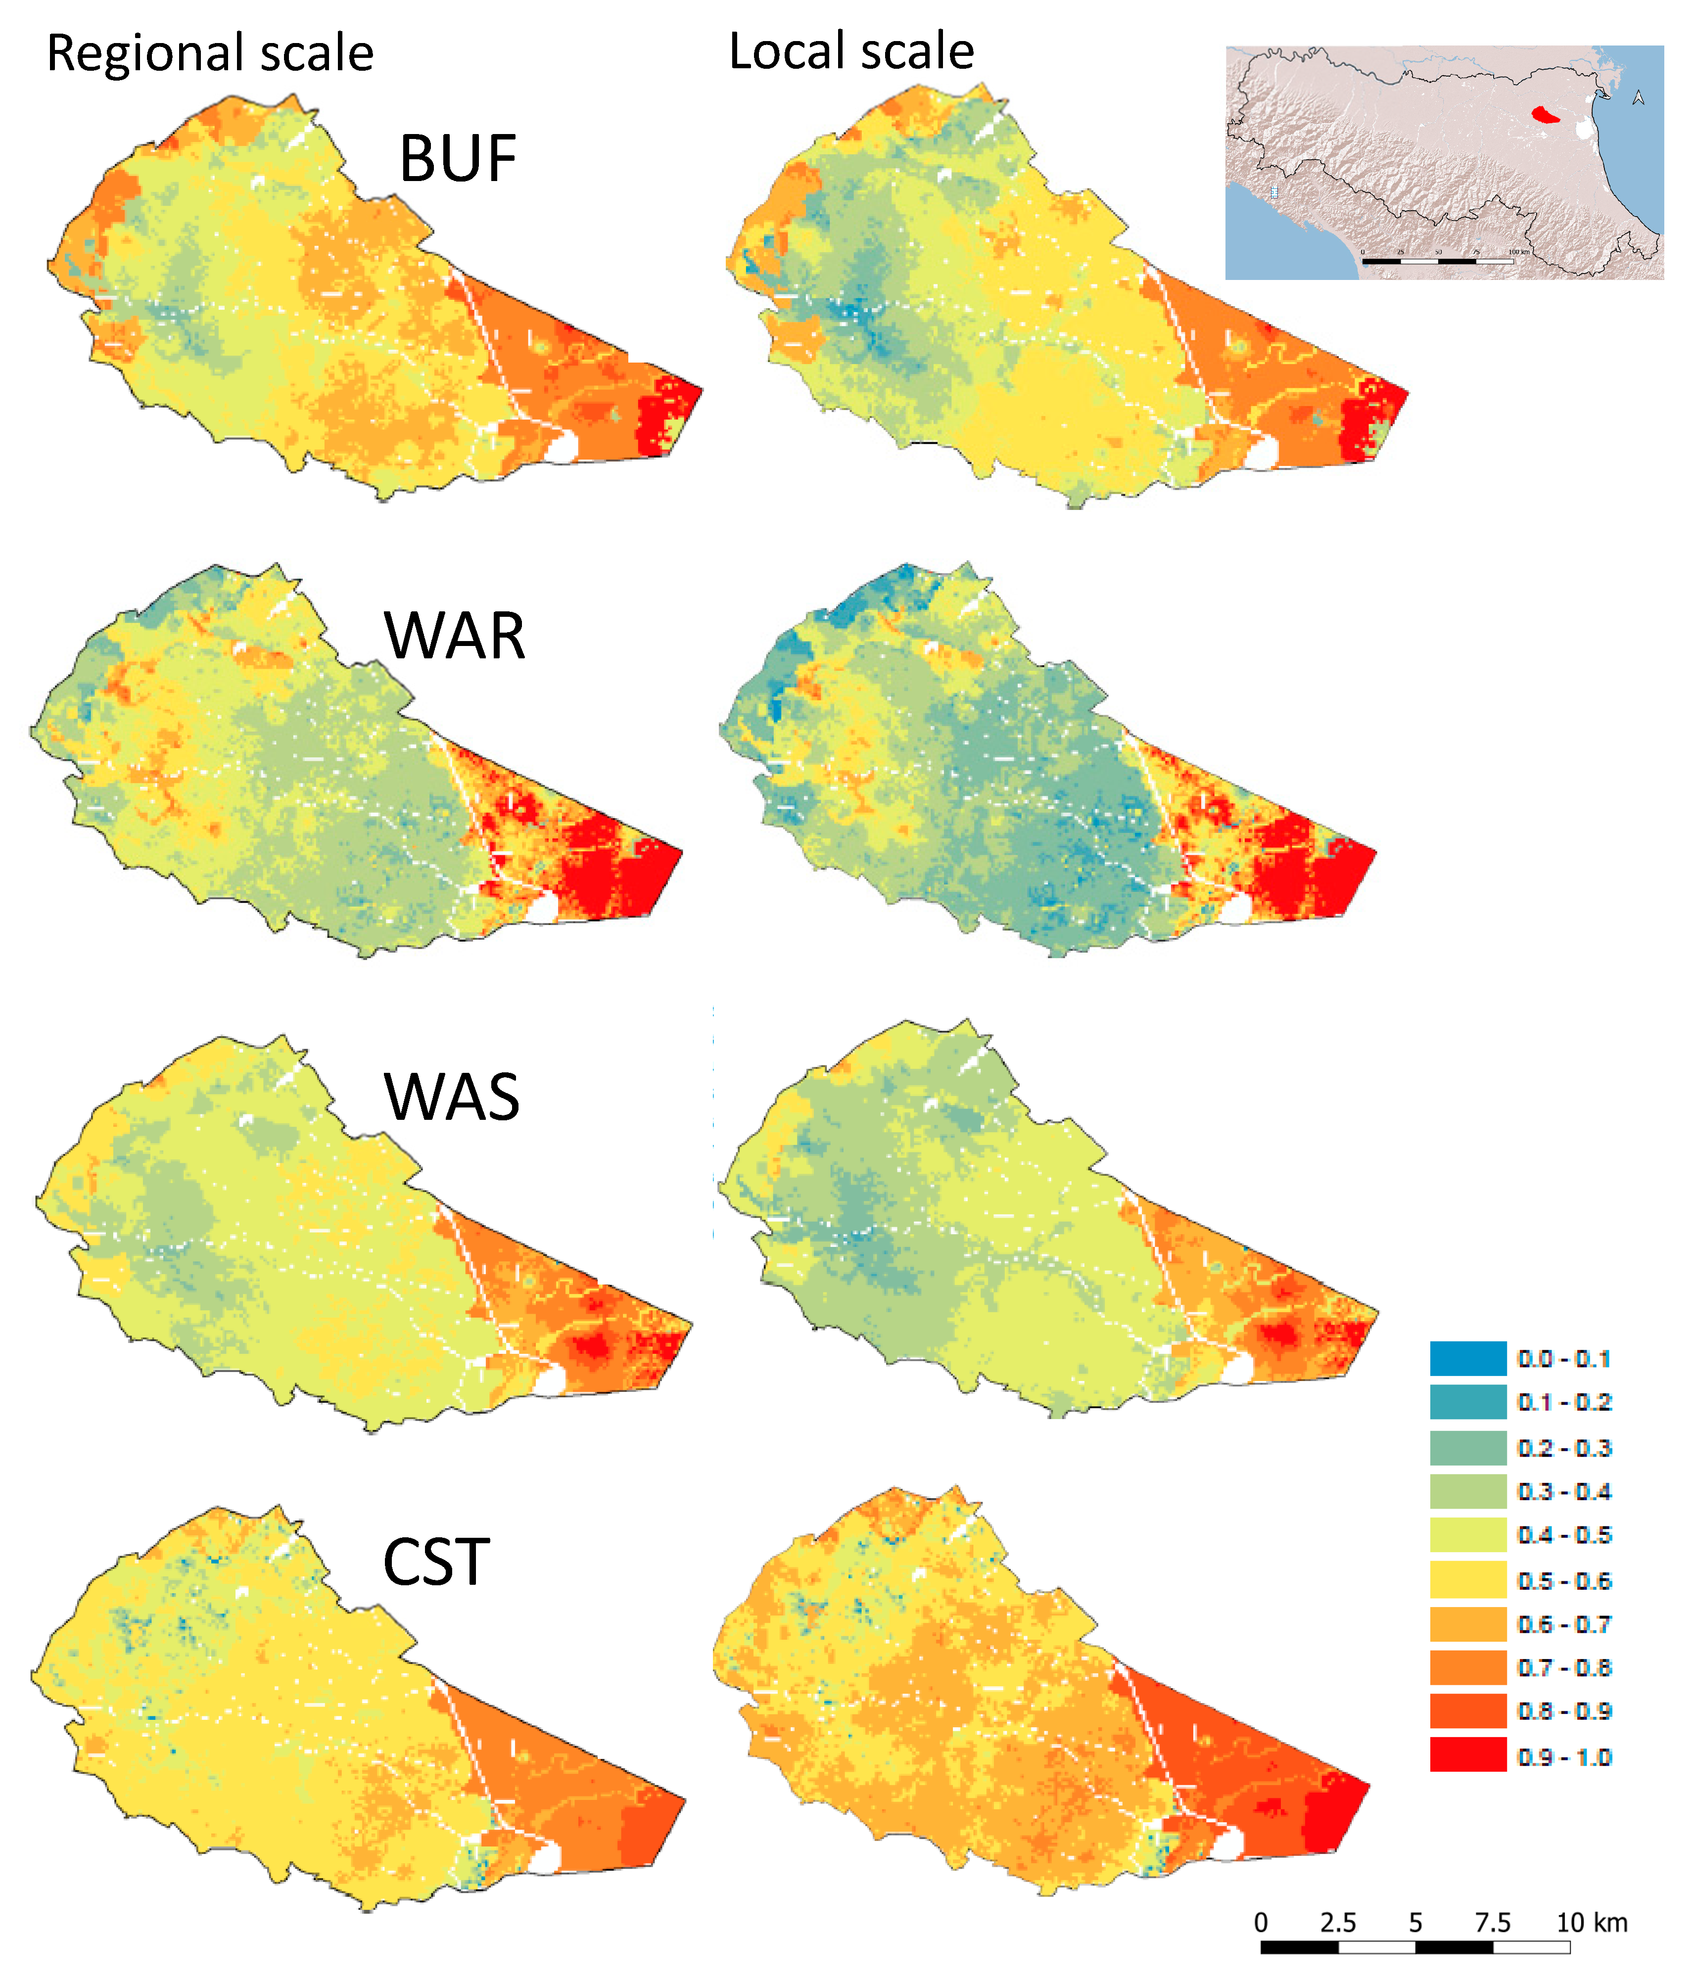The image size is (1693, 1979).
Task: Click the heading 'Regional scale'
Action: click(x=210, y=53)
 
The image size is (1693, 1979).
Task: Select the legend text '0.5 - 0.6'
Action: click(x=1564, y=1581)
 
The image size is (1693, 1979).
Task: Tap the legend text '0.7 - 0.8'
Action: click(x=1564, y=1667)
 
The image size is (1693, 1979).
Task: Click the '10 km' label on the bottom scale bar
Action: click(x=1592, y=1923)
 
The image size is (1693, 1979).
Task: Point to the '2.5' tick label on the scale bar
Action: click(x=1338, y=1923)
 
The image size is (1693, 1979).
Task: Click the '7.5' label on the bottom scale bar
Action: click(x=1492, y=1923)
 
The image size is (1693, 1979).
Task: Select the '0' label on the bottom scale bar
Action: click(x=1261, y=1923)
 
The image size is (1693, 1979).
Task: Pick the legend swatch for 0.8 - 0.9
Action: click(x=1467, y=1710)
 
